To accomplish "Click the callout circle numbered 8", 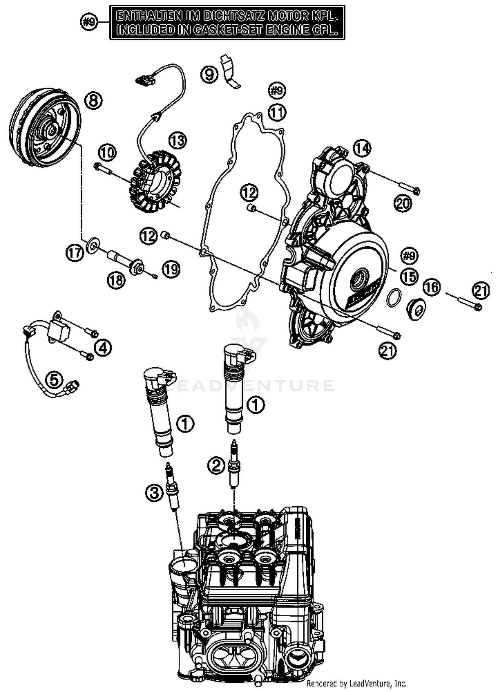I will click(x=93, y=100).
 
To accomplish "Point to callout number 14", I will click(x=362, y=148).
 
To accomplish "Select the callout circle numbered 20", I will click(x=403, y=203).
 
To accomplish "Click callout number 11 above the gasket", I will click(x=277, y=113).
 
